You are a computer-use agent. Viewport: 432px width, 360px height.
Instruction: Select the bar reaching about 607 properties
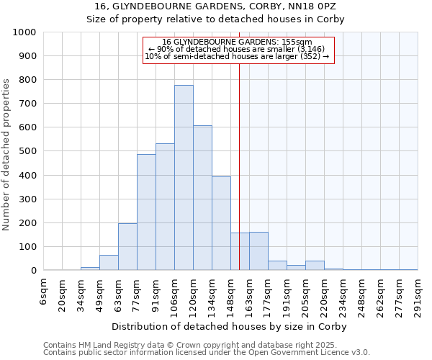click(202, 198)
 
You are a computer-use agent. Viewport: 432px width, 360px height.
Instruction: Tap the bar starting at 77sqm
click(146, 212)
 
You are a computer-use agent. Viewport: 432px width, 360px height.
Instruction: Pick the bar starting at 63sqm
click(127, 247)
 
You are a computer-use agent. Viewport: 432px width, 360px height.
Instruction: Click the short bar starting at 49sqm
click(109, 263)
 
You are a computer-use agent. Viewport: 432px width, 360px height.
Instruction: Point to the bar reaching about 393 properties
click(221, 223)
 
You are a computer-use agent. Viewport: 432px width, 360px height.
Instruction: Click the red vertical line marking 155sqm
click(239, 180)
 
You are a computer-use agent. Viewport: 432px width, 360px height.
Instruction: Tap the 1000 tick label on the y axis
click(24, 32)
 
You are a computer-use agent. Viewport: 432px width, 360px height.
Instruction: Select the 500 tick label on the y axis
click(27, 152)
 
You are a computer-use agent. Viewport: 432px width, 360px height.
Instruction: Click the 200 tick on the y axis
click(27, 223)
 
